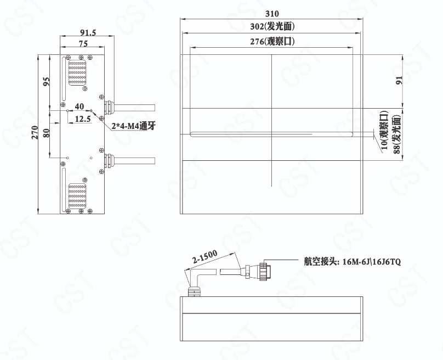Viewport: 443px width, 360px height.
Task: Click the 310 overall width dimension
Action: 272,13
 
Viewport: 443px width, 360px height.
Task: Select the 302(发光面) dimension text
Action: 272,26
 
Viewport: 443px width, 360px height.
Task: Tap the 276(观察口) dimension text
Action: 272,42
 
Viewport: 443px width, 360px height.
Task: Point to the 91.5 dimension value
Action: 88,32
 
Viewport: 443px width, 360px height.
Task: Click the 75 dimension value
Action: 83,43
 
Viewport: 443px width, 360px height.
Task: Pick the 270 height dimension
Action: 35,132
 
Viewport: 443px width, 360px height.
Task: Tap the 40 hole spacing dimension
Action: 79,106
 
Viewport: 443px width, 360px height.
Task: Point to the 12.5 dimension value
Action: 83,119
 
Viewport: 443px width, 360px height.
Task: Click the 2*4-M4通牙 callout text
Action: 133,126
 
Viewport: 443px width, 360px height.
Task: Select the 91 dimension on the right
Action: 399,80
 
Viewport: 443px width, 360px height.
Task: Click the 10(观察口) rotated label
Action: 384,130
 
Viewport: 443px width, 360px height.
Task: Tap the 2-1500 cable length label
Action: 205,256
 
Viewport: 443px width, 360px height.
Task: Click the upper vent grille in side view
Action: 77,73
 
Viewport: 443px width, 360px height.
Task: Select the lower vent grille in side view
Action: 77,196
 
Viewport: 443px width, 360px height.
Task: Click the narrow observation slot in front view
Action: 271,134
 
